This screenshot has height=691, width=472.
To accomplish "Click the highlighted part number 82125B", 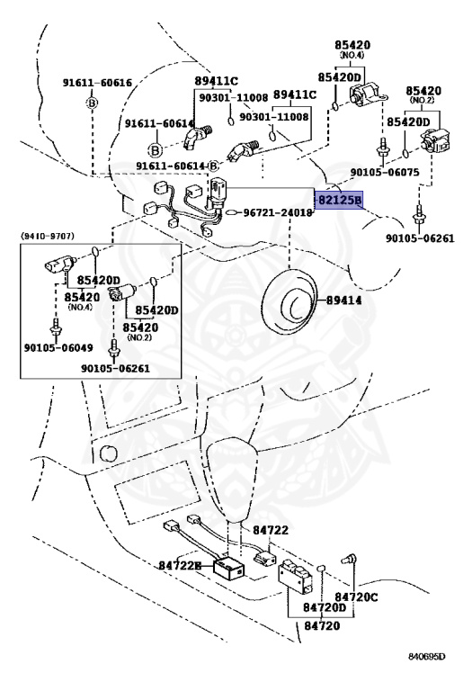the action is pos(340,201).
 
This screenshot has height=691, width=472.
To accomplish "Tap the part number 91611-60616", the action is pos(97,83).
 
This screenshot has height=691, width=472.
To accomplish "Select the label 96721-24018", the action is pos(279,213).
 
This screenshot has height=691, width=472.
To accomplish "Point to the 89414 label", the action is pos(343,301).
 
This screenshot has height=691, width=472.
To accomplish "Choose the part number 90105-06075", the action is pos(385,172).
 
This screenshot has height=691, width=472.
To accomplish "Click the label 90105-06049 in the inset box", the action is pos(58,347).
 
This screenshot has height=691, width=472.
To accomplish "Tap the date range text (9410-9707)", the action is pos(47,237).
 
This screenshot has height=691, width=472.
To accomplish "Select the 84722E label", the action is pos(180,565).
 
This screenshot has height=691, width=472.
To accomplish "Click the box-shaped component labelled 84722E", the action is pos(229,567).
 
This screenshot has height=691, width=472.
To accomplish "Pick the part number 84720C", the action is pos(356,597).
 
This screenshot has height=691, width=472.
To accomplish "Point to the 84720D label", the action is pos(325,607).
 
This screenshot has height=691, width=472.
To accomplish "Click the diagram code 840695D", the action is pos(426,657).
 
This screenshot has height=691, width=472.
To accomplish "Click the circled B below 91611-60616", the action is pos(93,103).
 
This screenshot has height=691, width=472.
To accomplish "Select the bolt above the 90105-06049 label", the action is pos(55,325).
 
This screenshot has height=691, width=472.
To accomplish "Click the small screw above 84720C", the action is pos(348,560).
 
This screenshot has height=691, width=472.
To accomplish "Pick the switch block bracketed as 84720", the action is pos(296,576).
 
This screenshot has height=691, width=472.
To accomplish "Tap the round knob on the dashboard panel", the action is pos(107,453).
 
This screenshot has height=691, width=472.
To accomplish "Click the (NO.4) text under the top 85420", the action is pos(352,55).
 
